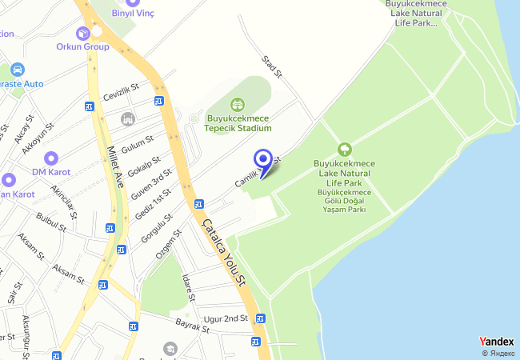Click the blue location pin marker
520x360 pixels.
[x=262, y=159]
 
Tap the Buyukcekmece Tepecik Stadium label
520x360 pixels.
[x=238, y=123]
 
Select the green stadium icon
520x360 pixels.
[x=237, y=104]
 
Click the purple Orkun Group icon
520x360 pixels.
[x=82, y=34]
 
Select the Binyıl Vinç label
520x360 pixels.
[x=133, y=13]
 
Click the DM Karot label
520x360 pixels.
[x=51, y=172]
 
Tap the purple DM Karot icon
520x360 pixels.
[x=51, y=158]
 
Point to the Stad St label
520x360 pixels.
[x=273, y=66]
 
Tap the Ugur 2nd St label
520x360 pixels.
[x=226, y=318]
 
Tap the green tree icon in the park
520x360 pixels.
[x=345, y=149]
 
